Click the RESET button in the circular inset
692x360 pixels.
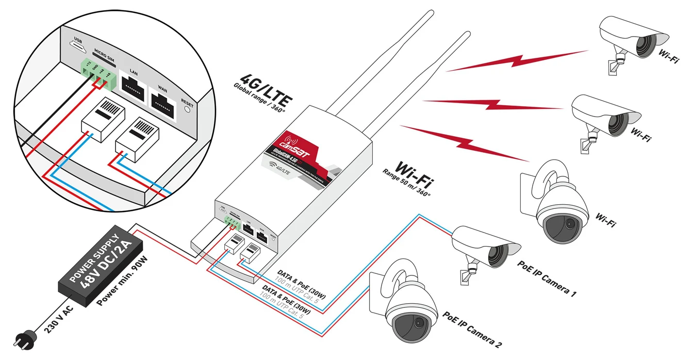click(187, 109)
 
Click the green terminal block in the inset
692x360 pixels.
click(96, 73)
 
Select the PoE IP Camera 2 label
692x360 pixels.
click(471, 330)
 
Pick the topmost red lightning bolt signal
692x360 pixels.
click(521, 59)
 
